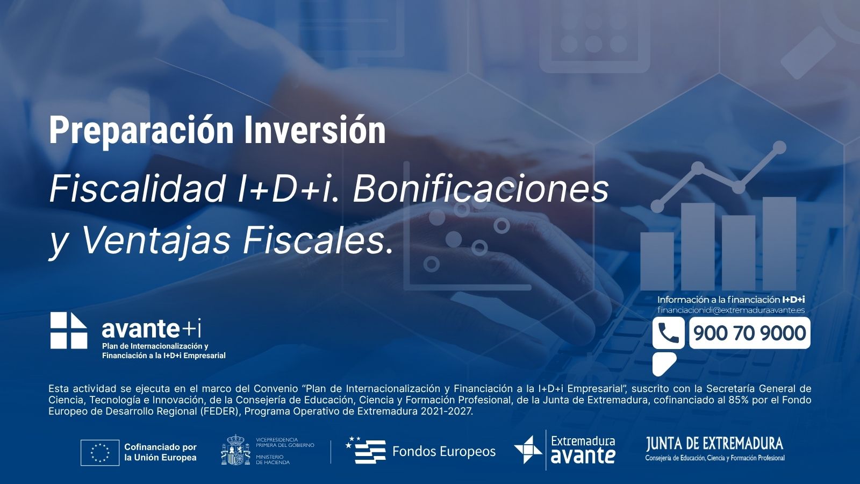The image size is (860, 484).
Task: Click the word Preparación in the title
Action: (x=141, y=131)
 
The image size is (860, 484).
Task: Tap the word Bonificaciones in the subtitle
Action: (x=481, y=189)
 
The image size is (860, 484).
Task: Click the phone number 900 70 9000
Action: (x=749, y=333)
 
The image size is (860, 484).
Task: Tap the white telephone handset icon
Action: (x=668, y=333)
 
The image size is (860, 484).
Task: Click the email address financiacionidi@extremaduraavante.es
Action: (x=731, y=310)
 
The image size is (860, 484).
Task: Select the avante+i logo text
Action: (x=151, y=329)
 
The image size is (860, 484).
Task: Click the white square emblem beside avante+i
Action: (x=69, y=330)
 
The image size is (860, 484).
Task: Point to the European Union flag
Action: (x=100, y=452)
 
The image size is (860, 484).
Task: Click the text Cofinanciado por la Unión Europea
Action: (x=161, y=452)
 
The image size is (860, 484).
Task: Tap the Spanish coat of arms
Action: (x=235, y=450)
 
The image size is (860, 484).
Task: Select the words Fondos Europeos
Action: (x=444, y=451)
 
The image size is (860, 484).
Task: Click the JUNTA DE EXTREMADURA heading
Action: (x=714, y=444)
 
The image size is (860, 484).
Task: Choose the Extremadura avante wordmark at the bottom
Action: (x=583, y=450)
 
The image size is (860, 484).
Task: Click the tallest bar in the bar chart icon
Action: (x=779, y=244)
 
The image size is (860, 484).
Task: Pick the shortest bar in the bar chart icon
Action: (x=657, y=261)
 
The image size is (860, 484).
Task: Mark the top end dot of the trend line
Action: (x=779, y=147)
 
